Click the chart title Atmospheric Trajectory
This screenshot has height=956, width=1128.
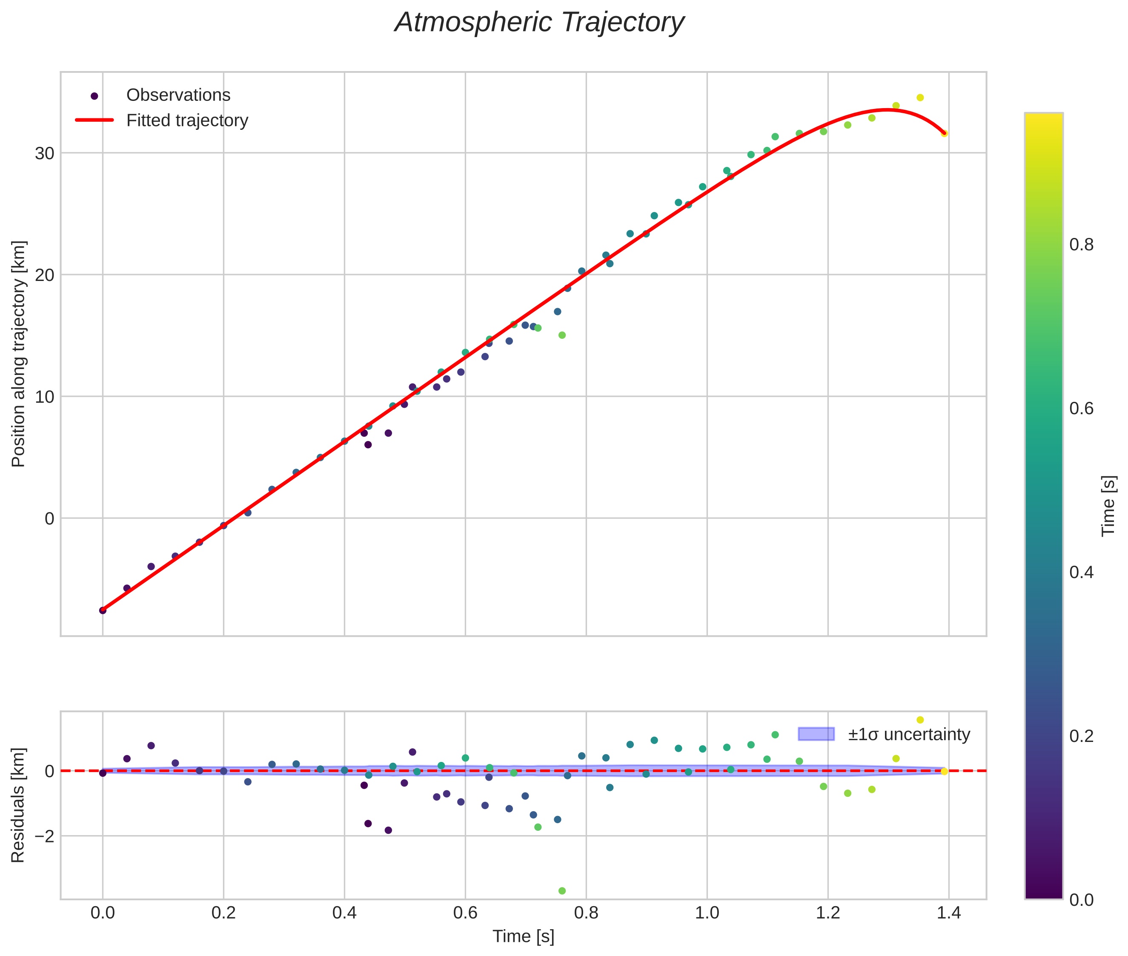[539, 23]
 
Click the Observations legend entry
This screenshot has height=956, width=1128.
[178, 95]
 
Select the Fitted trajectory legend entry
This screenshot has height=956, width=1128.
[187, 120]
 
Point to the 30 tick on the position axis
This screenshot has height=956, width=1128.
[44, 153]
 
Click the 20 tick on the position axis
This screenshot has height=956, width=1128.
[44, 275]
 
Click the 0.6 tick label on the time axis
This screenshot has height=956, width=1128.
[465, 913]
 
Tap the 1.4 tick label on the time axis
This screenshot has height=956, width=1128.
[948, 913]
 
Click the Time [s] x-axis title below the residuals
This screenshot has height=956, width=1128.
[523, 936]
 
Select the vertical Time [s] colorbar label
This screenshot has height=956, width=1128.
[1108, 506]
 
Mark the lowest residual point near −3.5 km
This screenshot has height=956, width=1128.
[562, 891]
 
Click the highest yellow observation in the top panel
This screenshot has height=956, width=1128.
[920, 97]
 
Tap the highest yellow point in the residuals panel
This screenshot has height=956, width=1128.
[920, 720]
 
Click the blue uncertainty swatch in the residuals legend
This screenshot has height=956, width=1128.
[816, 734]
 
